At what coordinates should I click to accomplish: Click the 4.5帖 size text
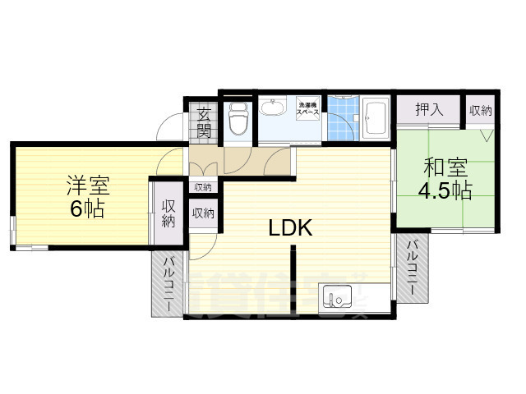tap(445, 192)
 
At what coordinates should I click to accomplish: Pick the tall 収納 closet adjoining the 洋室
tap(168, 213)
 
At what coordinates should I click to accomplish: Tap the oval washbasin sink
tap(272, 108)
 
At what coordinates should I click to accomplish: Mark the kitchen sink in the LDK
tap(336, 295)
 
